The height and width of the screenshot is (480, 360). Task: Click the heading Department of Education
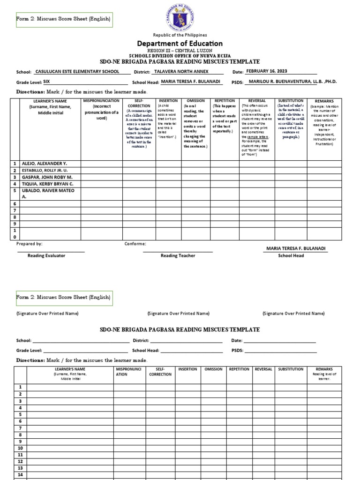[x=180, y=44]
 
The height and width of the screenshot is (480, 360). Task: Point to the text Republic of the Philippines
[x=180, y=35]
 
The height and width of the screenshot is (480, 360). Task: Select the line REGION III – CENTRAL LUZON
[x=180, y=50]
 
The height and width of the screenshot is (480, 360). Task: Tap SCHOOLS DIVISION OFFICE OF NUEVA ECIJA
[x=180, y=55]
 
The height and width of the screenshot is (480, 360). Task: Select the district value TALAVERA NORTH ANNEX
[x=181, y=72]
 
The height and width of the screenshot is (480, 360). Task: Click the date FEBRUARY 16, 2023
[x=267, y=71]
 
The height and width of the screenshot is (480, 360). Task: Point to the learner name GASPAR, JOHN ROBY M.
[x=43, y=178]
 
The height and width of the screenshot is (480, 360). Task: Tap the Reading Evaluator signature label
[x=46, y=255]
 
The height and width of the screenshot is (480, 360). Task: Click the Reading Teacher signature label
[x=178, y=255]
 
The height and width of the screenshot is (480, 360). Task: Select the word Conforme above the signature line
[x=135, y=244]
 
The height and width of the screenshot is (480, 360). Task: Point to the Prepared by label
[x=29, y=244]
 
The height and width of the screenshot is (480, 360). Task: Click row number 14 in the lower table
[x=20, y=474]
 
